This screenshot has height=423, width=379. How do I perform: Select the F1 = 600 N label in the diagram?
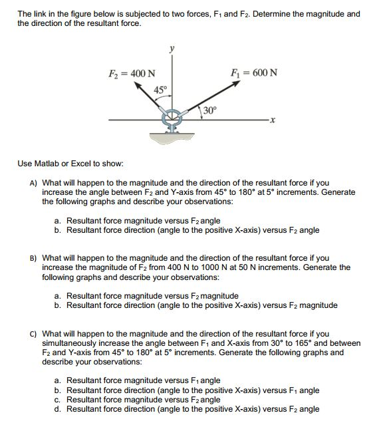(x=253, y=72)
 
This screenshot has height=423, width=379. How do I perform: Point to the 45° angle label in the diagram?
(x=160, y=90)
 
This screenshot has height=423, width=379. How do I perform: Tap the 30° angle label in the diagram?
(x=210, y=110)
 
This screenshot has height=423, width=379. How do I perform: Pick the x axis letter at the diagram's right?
(x=272, y=121)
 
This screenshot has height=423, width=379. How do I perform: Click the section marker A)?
(x=33, y=182)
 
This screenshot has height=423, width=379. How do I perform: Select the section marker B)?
(x=33, y=258)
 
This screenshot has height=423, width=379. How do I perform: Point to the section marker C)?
(x=33, y=334)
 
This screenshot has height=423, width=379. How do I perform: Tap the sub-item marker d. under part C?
(x=59, y=409)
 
